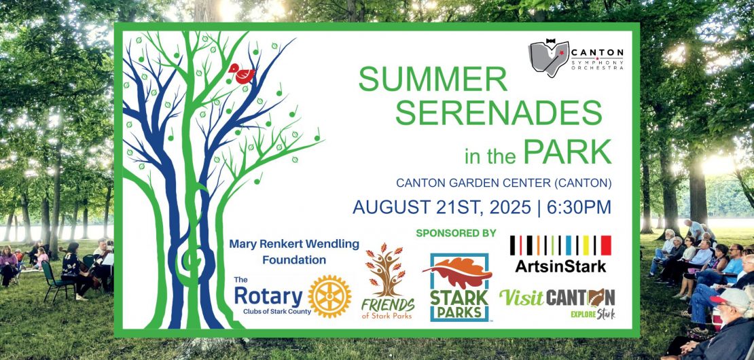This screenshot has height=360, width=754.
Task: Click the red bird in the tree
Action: (243, 73)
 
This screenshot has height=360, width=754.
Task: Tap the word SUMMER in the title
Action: (433, 79)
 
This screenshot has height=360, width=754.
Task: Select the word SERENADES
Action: (499, 113)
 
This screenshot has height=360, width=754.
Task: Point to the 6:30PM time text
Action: (581, 206)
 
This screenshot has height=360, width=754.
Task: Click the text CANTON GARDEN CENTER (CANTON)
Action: (504, 183)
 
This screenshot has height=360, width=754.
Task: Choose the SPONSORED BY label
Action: (456, 234)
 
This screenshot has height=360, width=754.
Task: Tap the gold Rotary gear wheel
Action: (329, 296)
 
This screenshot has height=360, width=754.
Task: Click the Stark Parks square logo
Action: (459, 287)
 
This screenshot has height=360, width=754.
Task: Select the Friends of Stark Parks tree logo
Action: (388, 281)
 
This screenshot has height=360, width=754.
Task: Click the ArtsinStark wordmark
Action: (560, 266)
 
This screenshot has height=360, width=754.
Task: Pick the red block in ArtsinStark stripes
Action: (606, 245)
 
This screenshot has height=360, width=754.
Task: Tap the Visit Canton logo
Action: (557, 303)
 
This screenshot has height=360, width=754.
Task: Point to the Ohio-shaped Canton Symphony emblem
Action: (549, 58)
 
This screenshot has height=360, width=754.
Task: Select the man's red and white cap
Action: (730, 298)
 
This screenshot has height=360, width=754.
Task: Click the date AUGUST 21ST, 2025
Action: (442, 206)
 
